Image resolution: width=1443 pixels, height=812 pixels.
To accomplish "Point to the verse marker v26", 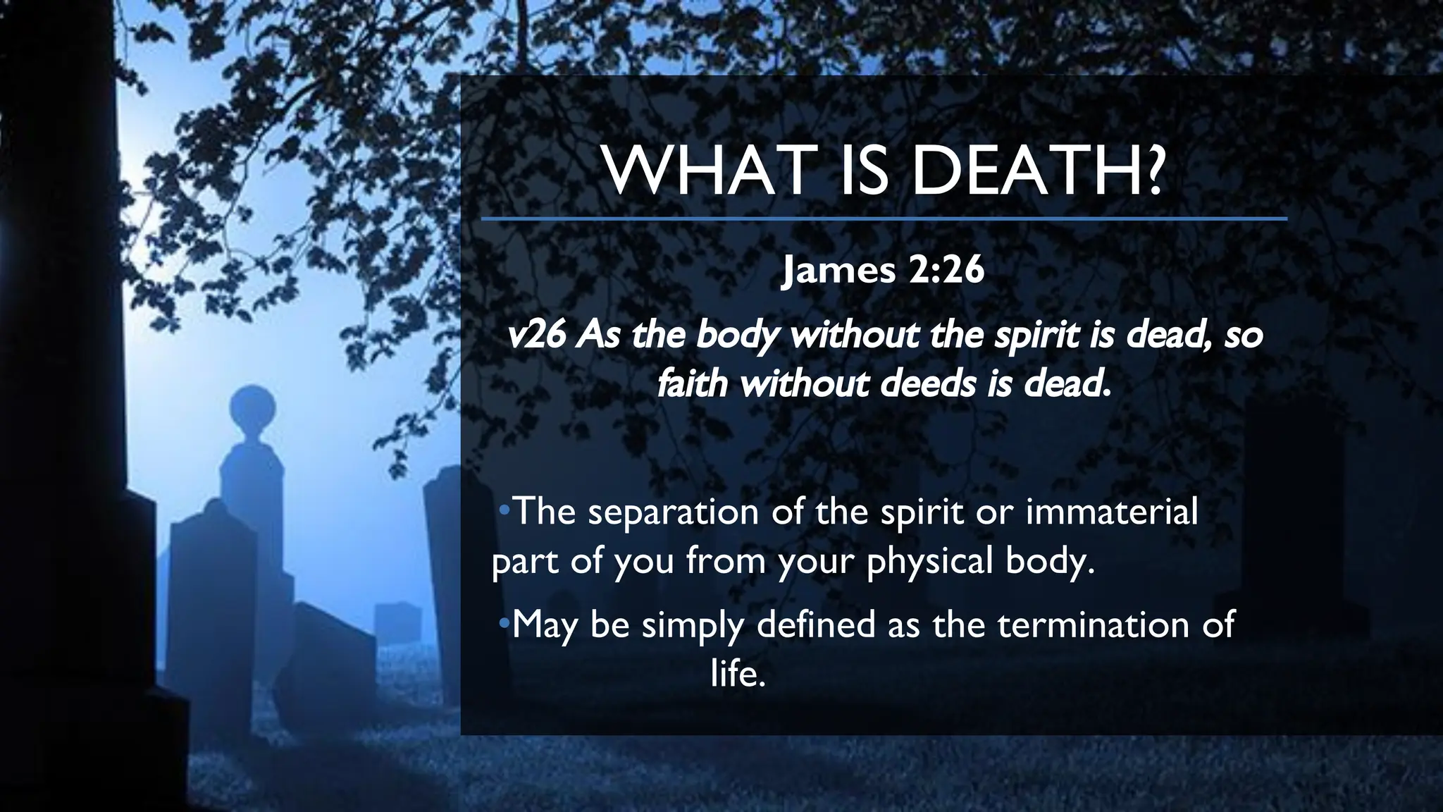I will [536, 336].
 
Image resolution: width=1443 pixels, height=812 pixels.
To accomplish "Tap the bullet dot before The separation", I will [503, 510].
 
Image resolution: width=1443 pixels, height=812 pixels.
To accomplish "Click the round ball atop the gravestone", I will [252, 407].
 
